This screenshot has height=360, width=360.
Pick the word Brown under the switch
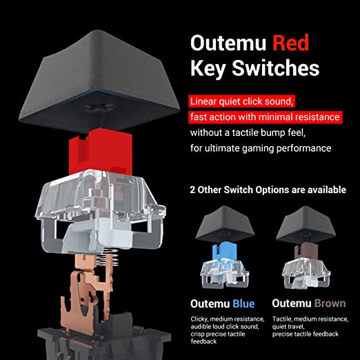[x=330, y=303]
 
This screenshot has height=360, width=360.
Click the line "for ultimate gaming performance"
[x=261, y=148]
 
